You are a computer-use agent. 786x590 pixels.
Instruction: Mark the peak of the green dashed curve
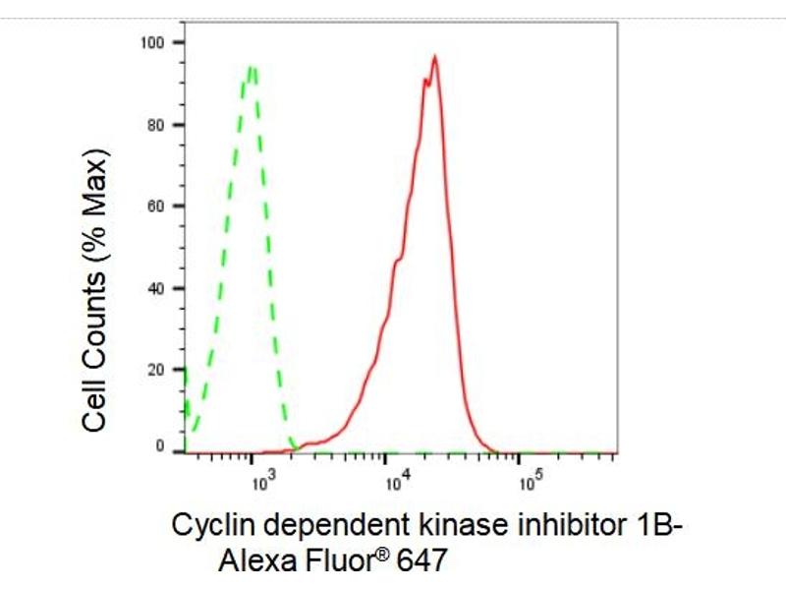pyautogui.click(x=253, y=67)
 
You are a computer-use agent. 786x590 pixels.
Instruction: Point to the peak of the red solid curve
pyautogui.click(x=433, y=57)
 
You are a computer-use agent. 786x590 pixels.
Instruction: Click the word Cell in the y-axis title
pyautogui.click(x=96, y=402)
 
